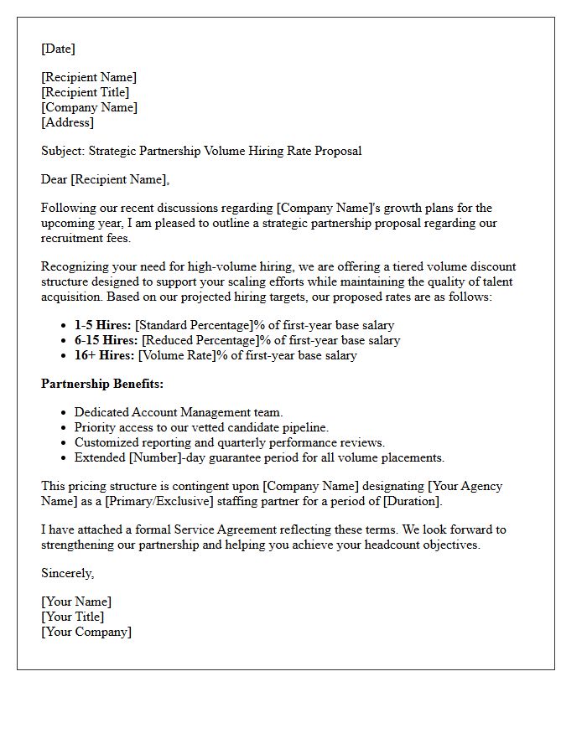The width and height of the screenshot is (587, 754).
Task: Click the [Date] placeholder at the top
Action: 58,49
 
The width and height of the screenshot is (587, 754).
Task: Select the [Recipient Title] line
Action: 86,92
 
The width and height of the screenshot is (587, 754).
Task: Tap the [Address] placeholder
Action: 67,122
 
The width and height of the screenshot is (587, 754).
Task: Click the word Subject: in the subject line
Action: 63,151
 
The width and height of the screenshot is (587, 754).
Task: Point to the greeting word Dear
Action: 55,178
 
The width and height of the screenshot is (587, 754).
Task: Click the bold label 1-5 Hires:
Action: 102,325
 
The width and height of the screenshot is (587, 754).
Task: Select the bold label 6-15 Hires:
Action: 106,340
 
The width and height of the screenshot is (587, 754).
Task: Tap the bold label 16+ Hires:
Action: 104,355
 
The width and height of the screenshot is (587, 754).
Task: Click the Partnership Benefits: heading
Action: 102,384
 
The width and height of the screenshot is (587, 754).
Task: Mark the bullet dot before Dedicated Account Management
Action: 65,412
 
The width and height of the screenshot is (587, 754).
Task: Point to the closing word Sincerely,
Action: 68,573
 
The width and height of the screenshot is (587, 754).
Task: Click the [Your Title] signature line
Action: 73,617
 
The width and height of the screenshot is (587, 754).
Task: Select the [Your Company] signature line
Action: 86,632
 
